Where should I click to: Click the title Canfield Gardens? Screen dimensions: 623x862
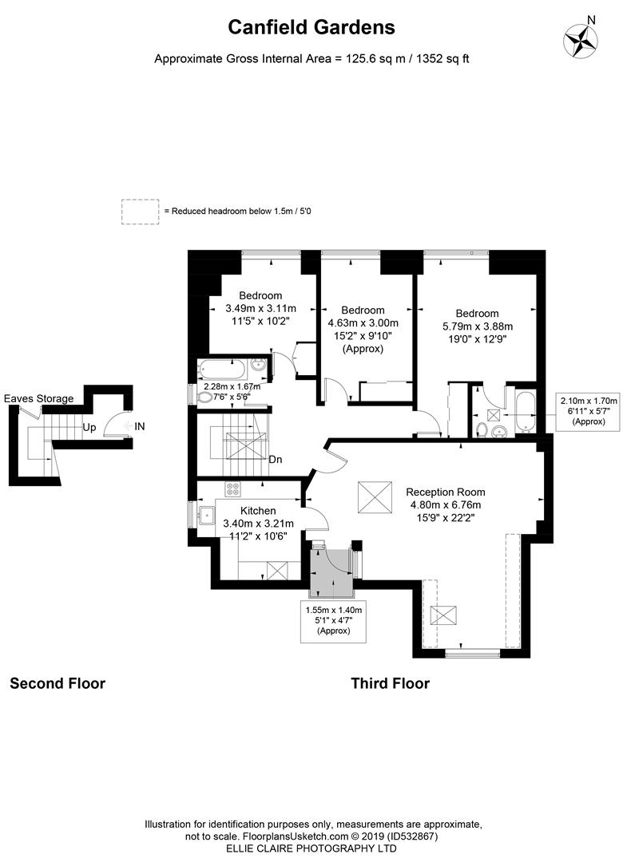tap(311, 27)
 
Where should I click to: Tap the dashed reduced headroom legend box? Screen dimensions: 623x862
tap(141, 211)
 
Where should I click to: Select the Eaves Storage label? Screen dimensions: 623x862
tap(38, 398)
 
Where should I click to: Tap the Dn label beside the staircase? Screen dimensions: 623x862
tap(275, 459)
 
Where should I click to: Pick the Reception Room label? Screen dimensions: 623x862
tap(445, 492)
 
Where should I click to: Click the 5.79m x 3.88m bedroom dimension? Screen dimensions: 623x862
tap(477, 326)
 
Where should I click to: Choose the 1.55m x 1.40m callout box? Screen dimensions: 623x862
tap(334, 620)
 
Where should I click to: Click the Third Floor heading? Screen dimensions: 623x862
tap(390, 683)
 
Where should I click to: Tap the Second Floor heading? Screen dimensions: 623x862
tap(58, 683)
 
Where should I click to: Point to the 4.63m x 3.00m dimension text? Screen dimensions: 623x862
tap(363, 323)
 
